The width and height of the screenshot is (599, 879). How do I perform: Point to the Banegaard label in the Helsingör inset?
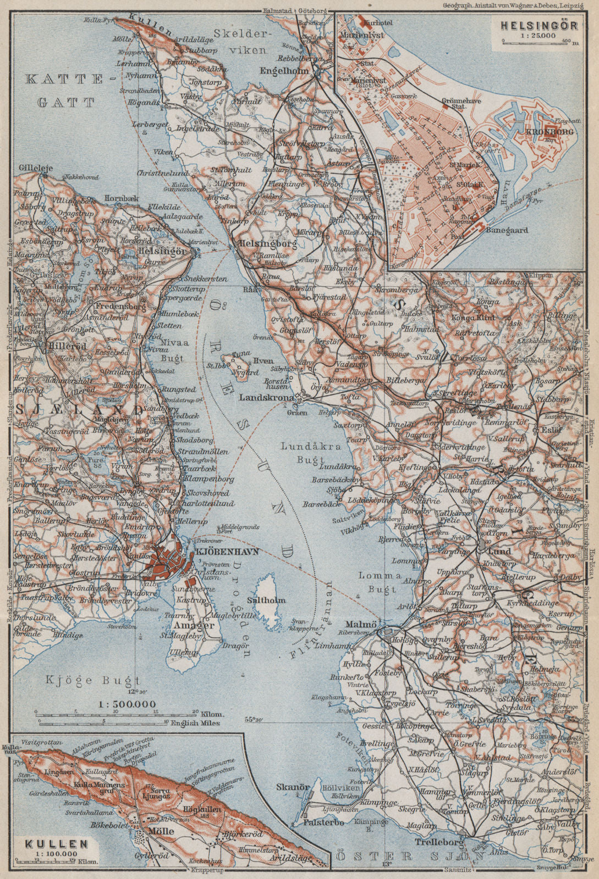pyautogui.click(x=507, y=231)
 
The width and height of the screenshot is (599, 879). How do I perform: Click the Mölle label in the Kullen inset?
pyautogui.click(x=161, y=831)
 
